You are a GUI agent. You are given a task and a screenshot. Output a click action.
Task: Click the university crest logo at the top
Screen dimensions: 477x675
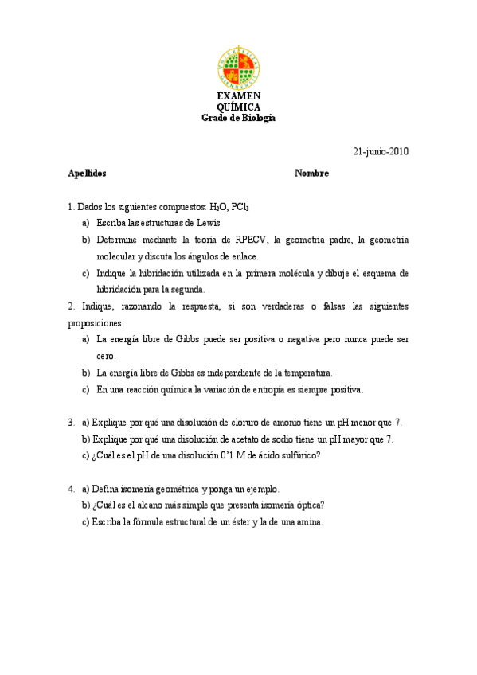[x=238, y=68]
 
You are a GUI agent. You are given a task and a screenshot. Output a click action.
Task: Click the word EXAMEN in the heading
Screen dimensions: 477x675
[x=238, y=96]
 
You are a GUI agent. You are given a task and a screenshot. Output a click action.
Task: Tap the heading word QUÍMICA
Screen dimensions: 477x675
[x=238, y=107]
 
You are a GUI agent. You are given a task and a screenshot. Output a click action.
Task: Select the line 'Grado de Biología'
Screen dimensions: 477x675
[x=238, y=117]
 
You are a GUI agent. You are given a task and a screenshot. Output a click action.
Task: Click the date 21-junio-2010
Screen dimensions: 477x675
[x=381, y=151]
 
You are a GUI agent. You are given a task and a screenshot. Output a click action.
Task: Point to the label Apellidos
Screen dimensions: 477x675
[x=87, y=173]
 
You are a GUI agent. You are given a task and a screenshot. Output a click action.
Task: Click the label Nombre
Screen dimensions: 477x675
[x=311, y=173]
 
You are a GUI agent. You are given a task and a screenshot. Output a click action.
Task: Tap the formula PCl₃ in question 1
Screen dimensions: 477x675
[x=240, y=207]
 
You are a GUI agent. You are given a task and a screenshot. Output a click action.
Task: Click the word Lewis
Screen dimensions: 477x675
[x=207, y=223]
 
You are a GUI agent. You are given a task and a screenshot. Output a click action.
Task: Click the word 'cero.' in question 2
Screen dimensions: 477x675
[x=107, y=356]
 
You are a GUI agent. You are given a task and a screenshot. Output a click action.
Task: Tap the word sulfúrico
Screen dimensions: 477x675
[x=297, y=455]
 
